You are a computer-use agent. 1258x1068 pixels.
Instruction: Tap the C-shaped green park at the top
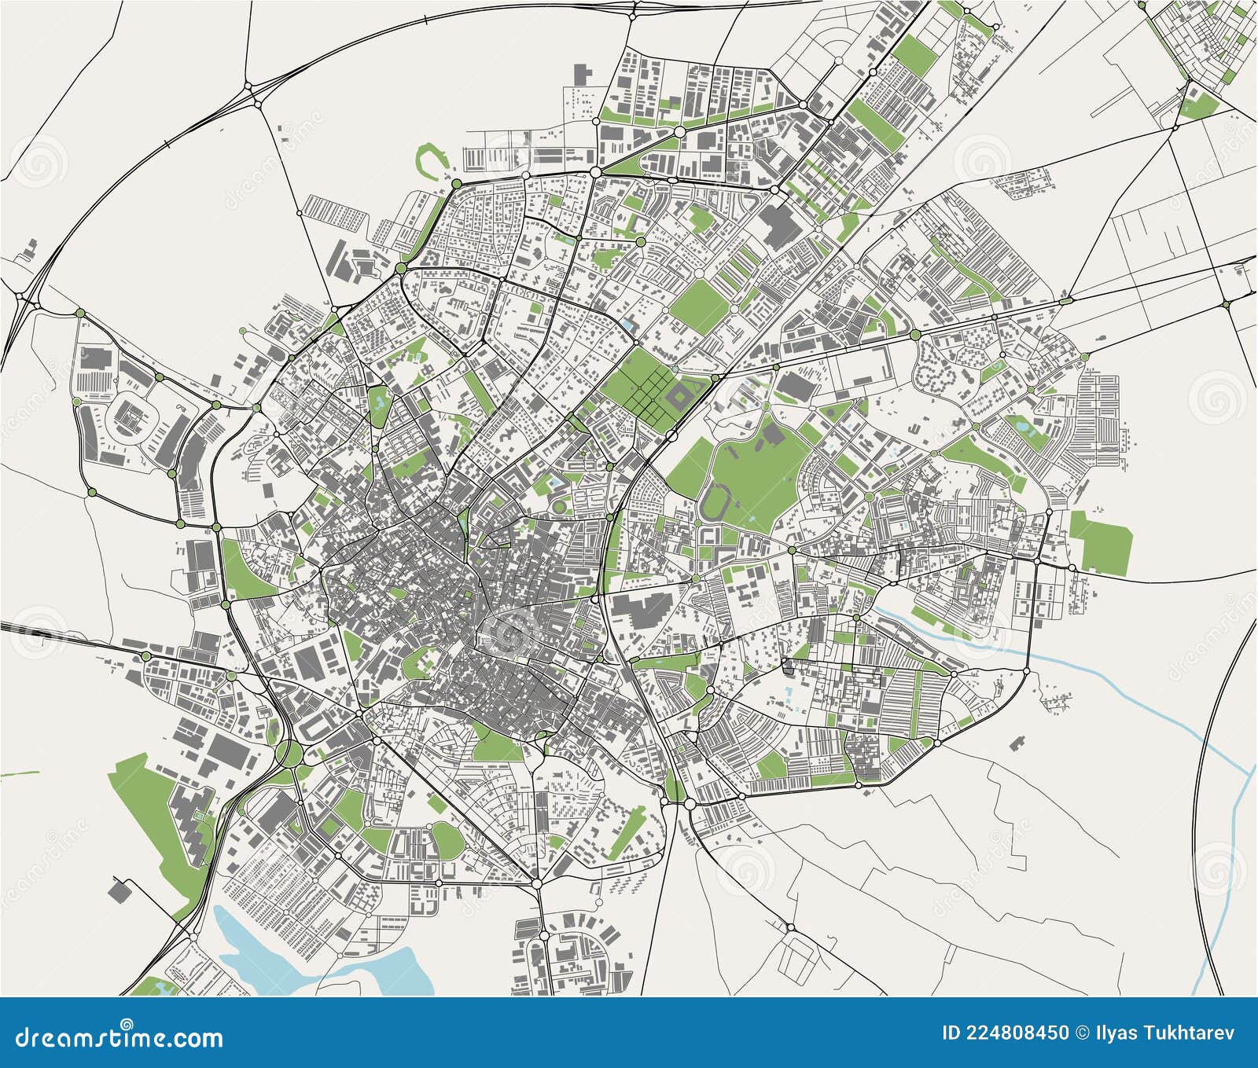tap(431, 158)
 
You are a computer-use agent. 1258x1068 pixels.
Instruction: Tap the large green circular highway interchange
tap(291, 754)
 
